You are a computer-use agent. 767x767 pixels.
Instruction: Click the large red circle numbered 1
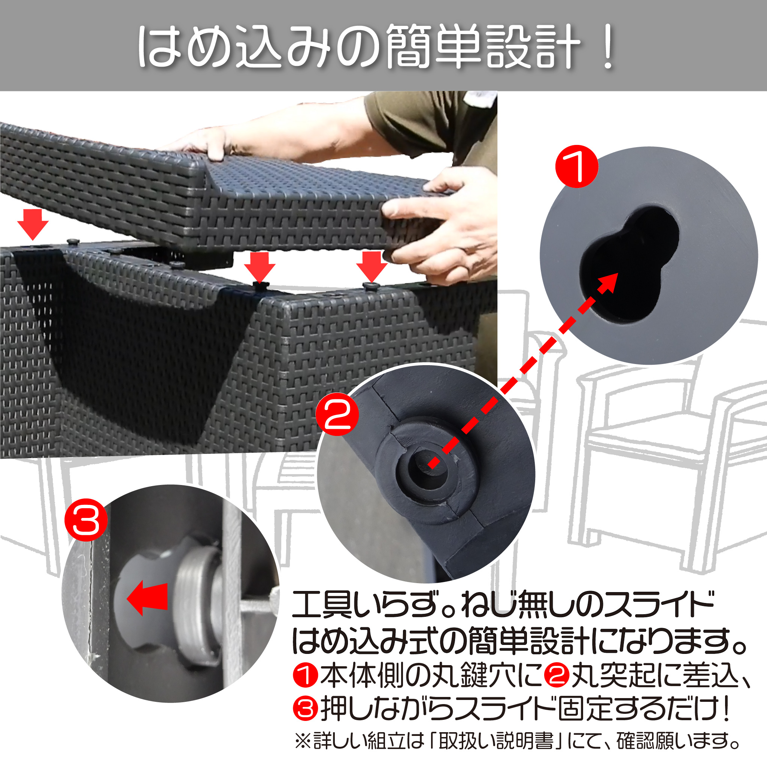coord(576,166)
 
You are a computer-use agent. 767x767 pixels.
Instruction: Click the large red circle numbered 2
coord(337,415)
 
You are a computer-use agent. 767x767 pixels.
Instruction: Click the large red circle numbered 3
coord(86,520)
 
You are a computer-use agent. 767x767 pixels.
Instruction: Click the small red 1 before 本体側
coord(305,675)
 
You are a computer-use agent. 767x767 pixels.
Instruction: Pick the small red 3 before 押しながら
coord(305,709)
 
